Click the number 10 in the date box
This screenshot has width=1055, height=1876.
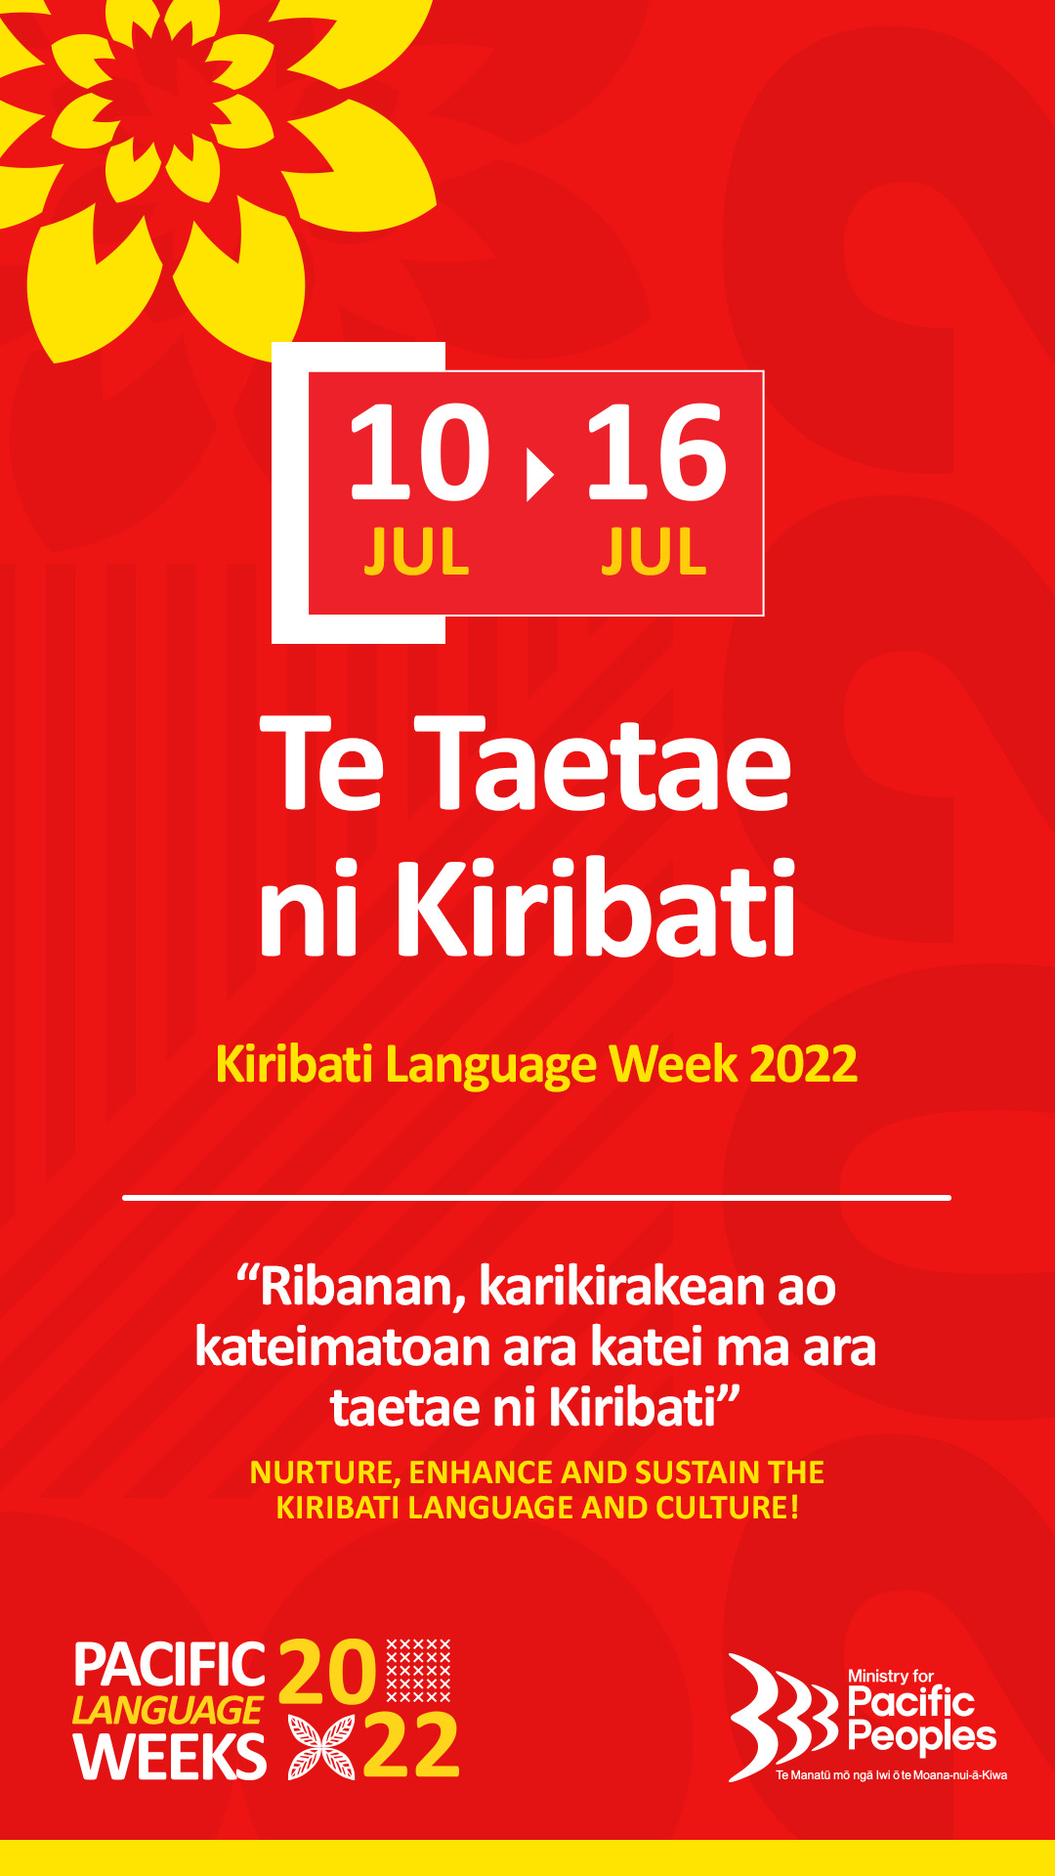point(418,452)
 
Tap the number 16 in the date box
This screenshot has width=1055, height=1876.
point(655,452)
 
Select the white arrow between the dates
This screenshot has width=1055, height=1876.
point(538,473)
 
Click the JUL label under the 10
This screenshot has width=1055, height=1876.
point(417,552)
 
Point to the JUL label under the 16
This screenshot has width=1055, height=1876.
point(654,552)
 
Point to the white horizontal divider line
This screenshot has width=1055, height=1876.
point(536,1197)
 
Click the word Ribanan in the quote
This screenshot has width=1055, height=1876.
point(361,1287)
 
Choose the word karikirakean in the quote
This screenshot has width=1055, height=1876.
point(622,1287)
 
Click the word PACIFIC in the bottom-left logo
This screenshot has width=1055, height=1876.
point(169,1665)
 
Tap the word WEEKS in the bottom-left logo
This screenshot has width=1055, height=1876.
point(169,1757)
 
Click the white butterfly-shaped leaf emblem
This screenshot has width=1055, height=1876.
point(321,1747)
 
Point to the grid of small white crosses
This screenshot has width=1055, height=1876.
point(419,1670)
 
